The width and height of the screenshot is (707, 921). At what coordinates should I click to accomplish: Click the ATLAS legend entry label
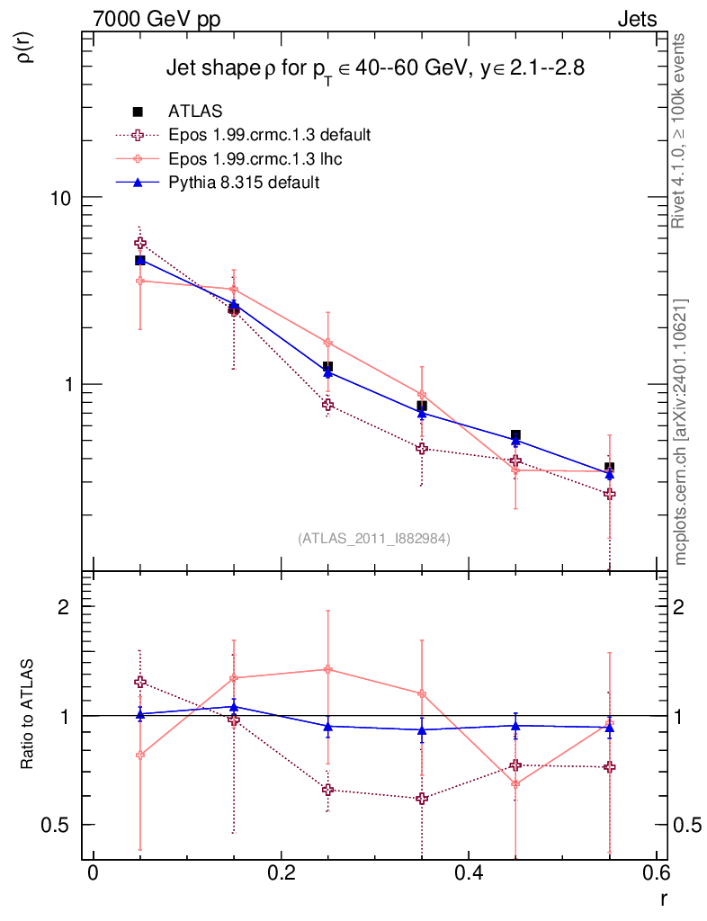(x=195, y=112)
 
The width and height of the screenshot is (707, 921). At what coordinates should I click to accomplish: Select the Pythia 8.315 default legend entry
(x=244, y=183)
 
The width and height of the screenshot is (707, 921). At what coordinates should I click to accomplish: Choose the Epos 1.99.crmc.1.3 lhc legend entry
(x=255, y=158)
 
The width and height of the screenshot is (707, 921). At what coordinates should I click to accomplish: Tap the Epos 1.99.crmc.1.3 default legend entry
(x=269, y=135)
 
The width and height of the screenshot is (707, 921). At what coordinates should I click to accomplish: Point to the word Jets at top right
(x=636, y=20)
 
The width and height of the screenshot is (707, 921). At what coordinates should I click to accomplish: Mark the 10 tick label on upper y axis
(x=59, y=198)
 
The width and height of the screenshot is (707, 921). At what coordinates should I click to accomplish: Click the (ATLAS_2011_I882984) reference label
(x=374, y=538)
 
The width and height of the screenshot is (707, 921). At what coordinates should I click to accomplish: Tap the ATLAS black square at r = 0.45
(x=515, y=435)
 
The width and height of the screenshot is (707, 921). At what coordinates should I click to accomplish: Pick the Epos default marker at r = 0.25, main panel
(x=327, y=405)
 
